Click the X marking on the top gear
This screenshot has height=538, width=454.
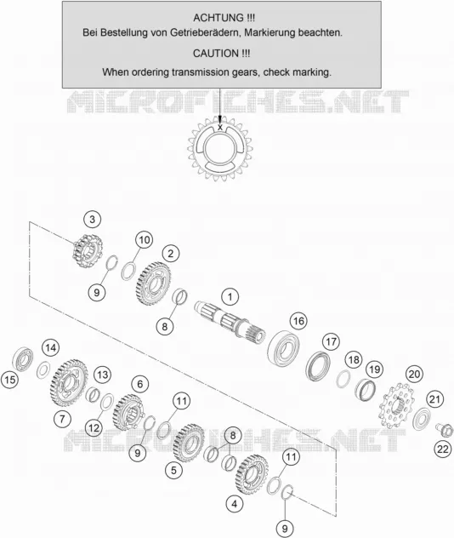tap(220, 128)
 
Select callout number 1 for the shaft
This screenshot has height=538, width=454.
tap(230, 297)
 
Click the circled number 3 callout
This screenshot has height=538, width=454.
tap(92, 220)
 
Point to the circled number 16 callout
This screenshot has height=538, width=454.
tap(298, 321)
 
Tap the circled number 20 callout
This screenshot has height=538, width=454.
tap(414, 374)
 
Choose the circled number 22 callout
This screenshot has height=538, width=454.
tap(443, 449)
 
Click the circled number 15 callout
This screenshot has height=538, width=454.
tap(10, 380)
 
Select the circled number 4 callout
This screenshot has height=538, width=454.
tap(235, 504)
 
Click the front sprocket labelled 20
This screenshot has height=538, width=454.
tap(394, 406)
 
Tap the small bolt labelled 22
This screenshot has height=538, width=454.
tap(444, 430)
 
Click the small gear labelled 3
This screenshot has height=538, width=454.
tap(88, 251)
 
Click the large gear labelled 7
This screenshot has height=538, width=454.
tap(69, 382)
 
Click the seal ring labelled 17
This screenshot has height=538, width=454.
tap(318, 366)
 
